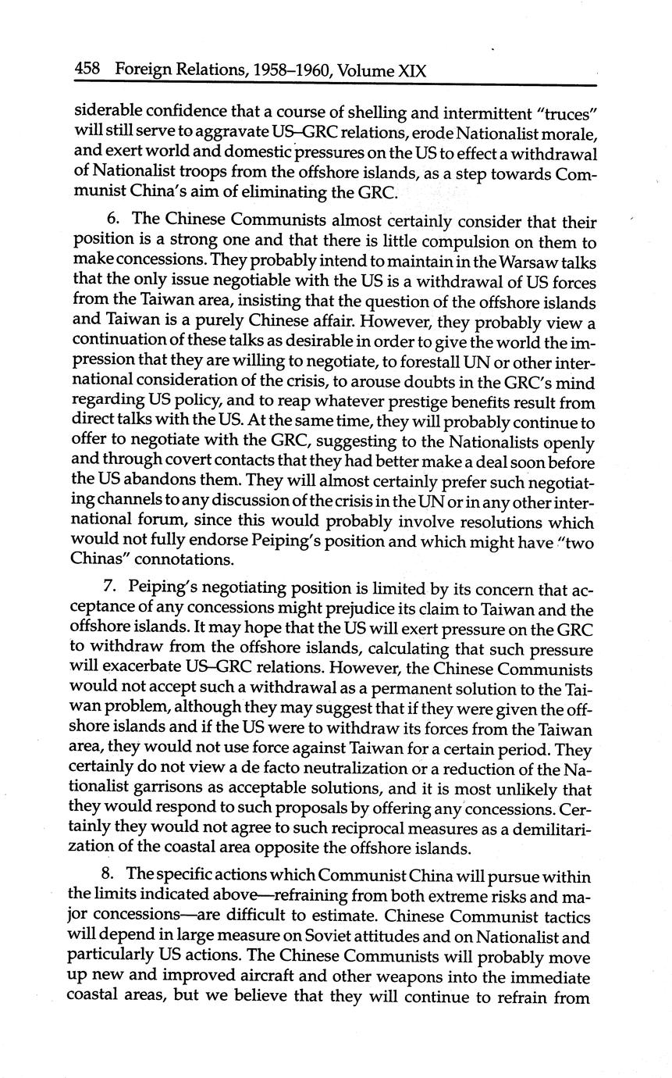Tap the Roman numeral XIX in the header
[x=412, y=70]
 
